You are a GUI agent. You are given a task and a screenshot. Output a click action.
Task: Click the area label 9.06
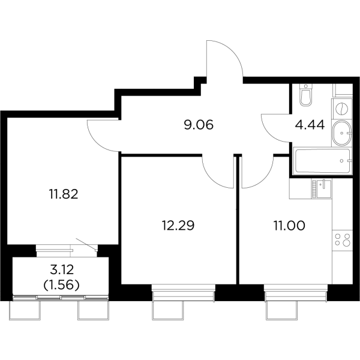199,125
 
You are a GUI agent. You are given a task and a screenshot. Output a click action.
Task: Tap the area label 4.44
310,125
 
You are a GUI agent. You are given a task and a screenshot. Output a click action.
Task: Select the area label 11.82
64,194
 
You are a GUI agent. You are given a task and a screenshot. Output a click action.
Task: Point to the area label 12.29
178,225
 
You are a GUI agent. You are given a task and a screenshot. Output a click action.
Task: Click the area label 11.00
289,225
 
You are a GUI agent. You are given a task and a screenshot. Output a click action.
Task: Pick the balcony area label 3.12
62,269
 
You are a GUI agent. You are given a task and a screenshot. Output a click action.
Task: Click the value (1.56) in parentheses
62,285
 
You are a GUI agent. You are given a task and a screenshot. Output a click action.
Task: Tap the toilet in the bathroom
306,95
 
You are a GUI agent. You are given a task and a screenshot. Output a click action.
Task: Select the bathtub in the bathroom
322,161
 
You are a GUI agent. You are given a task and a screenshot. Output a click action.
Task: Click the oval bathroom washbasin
342,133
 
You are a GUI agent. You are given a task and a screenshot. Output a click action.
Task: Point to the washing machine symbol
342,109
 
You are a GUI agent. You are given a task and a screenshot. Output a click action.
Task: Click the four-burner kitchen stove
343,239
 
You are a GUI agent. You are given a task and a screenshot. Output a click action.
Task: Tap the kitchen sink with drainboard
322,189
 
